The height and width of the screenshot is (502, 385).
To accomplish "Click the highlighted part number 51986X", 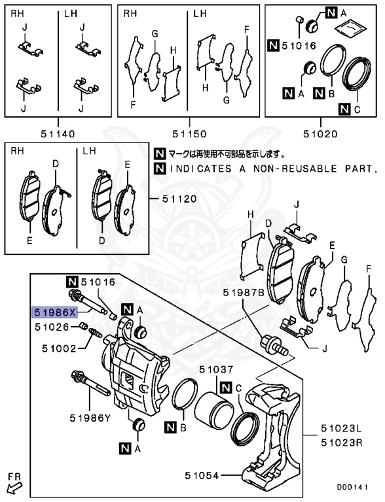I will click(x=55, y=312).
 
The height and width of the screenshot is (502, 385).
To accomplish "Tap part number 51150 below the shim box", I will click(x=189, y=134).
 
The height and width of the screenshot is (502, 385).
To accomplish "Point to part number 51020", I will click(x=320, y=134).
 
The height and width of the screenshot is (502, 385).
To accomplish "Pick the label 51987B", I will click(x=242, y=292).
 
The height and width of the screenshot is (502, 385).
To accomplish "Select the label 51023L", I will click(x=341, y=429).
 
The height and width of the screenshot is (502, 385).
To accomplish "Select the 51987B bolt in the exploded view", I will click(x=276, y=346).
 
